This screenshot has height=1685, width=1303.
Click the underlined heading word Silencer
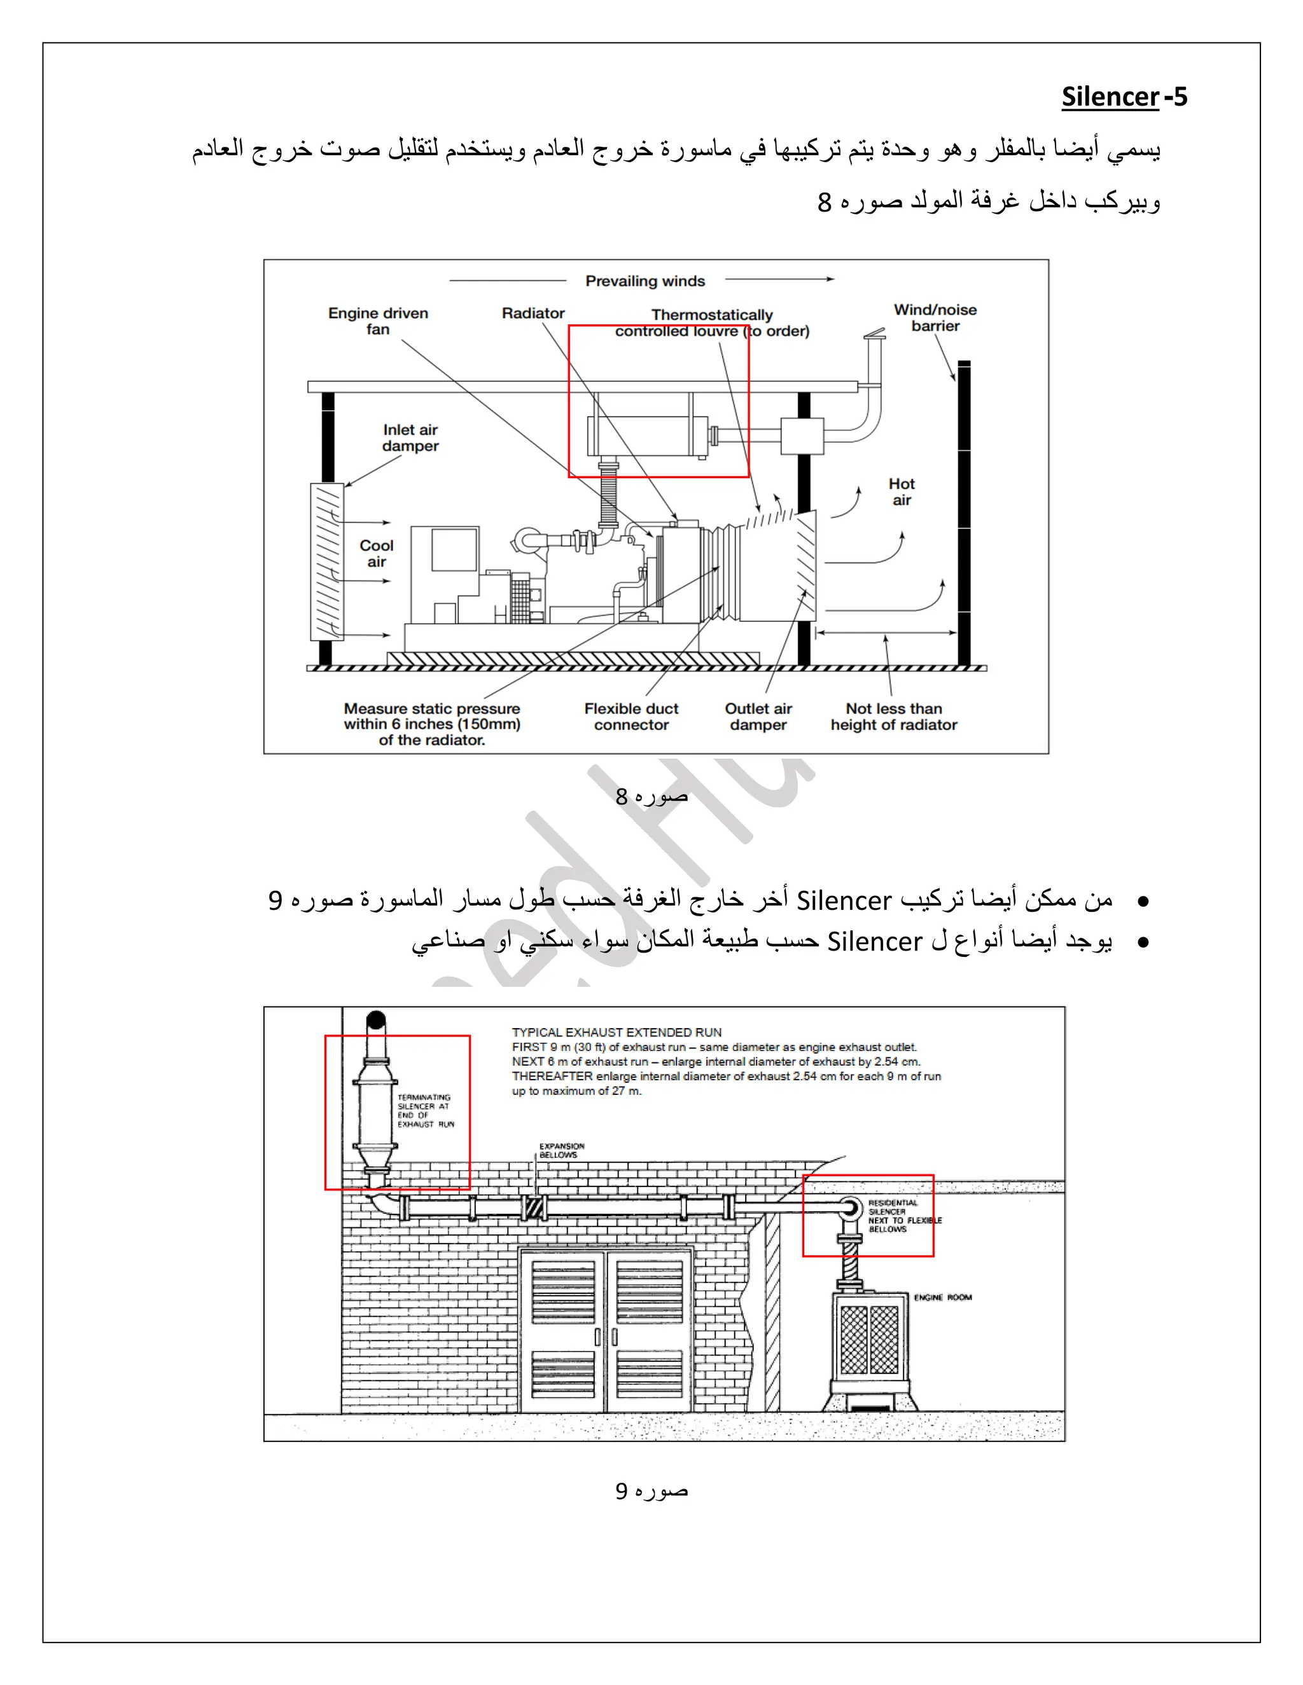1110,97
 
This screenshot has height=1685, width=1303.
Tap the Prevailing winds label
645,281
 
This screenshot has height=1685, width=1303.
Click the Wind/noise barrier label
935,318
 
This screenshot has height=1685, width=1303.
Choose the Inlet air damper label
410,437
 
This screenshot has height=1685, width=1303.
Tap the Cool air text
376,553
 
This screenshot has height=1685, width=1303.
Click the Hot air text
901,492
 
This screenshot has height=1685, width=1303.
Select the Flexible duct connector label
631,716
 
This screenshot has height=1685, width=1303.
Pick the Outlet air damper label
758,716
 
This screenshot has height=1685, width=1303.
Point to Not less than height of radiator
893,716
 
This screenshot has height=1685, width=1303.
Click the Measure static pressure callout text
431,724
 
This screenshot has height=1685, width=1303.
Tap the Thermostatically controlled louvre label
712,322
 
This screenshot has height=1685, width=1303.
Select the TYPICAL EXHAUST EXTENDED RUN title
616,1032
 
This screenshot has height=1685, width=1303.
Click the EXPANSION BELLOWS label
561,1150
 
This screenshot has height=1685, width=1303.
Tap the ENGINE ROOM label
942,1298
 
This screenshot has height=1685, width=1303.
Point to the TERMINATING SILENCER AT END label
424,1110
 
